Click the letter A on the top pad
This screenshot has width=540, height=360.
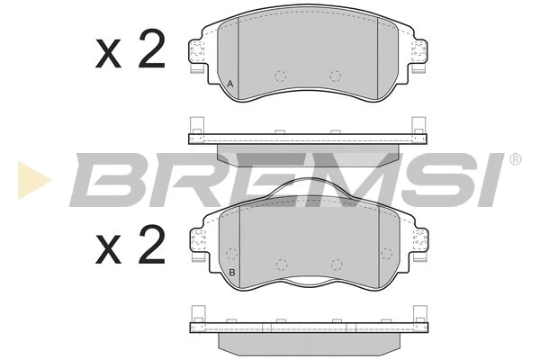tap(230, 85)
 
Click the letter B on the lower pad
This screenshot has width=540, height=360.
tap(231, 273)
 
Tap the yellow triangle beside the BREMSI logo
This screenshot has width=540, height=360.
tap(33, 180)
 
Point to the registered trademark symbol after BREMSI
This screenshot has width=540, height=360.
tap(515, 159)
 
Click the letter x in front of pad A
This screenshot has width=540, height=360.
tap(109, 57)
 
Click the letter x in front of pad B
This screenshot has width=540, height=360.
tap(109, 248)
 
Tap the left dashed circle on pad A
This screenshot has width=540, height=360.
tap(280, 76)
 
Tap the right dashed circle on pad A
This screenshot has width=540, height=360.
tap(337, 76)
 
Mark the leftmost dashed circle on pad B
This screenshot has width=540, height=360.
tap(230, 253)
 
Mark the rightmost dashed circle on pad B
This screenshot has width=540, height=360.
tap(387, 253)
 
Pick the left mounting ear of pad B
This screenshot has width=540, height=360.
tap(198, 245)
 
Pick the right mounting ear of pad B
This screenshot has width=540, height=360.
tap(418, 245)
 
